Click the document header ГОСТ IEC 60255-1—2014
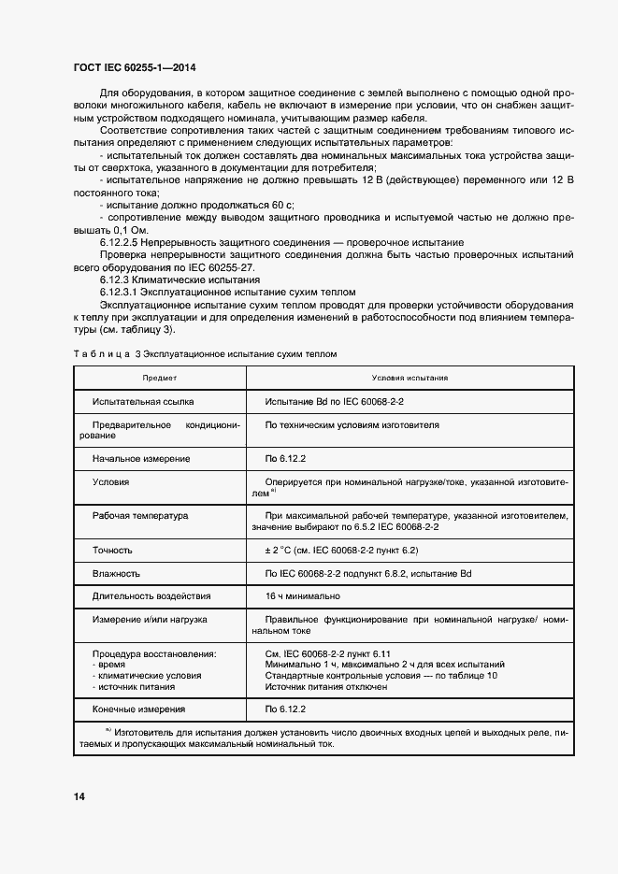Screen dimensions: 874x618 [134, 67]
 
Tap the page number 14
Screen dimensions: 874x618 [79, 796]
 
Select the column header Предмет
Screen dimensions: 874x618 [160, 378]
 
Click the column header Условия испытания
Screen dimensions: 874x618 [410, 378]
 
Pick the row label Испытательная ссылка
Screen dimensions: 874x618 [143, 401]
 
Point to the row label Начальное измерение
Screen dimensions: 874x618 [141, 459]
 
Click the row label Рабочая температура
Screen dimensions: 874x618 [140, 515]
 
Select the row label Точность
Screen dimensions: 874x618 [112, 551]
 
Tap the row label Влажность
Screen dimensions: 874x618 [116, 573]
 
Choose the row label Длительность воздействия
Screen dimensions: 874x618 [151, 595]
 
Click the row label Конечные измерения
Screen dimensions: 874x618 [138, 709]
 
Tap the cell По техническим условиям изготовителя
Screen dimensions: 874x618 [352, 424]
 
